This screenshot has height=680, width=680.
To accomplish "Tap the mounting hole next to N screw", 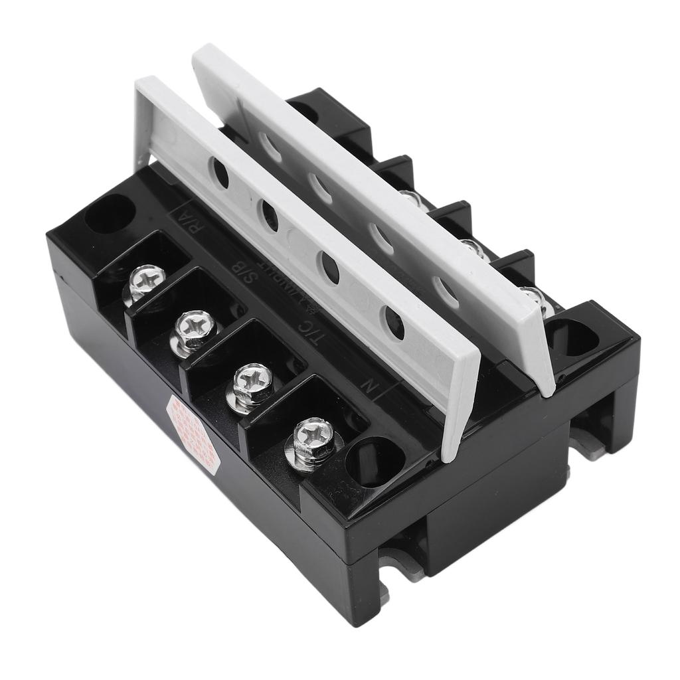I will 375,456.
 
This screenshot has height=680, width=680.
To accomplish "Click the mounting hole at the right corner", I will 572,339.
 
